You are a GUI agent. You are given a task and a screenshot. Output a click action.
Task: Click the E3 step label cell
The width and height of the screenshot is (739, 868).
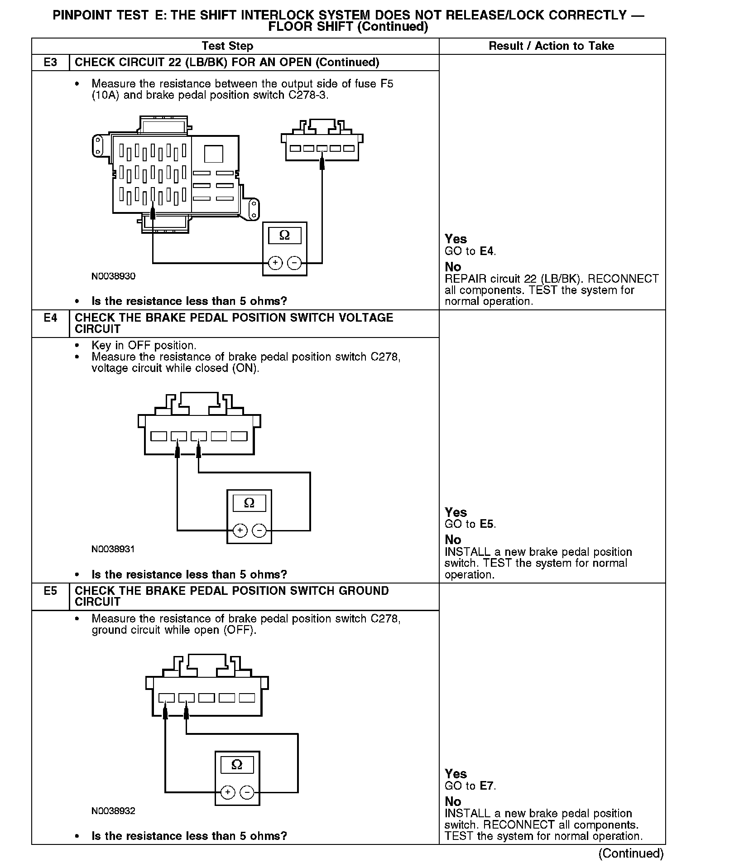click(x=50, y=63)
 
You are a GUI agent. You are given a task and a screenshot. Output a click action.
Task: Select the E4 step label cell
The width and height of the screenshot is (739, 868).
click(x=50, y=318)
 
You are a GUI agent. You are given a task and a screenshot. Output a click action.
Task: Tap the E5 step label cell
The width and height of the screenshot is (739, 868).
click(x=50, y=591)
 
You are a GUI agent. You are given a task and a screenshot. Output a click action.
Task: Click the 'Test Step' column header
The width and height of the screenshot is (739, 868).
click(x=227, y=46)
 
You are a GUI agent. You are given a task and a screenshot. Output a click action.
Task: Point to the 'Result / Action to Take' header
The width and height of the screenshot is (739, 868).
click(x=551, y=46)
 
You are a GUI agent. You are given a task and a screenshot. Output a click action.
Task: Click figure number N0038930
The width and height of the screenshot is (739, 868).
click(x=113, y=276)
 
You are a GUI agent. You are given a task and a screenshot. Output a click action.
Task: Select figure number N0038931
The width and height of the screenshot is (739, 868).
click(x=113, y=550)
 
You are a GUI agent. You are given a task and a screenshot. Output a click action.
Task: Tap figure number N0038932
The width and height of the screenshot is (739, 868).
click(x=113, y=811)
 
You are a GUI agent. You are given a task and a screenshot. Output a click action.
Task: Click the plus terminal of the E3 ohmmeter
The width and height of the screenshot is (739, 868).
click(x=275, y=263)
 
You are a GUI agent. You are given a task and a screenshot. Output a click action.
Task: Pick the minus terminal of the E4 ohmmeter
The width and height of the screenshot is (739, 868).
click(x=259, y=530)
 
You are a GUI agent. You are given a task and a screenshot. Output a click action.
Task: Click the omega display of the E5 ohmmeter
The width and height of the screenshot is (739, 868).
click(x=237, y=765)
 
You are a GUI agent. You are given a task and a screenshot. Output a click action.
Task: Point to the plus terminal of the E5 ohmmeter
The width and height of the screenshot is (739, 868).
click(x=228, y=792)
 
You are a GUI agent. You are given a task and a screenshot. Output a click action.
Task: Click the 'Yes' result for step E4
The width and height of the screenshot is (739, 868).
click(x=456, y=512)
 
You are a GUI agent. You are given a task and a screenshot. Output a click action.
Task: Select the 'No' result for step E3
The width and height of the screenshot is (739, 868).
click(x=453, y=267)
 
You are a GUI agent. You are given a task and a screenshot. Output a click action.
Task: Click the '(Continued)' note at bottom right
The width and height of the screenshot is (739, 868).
click(x=631, y=854)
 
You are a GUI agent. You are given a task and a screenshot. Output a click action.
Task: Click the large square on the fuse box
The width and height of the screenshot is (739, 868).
click(x=213, y=154)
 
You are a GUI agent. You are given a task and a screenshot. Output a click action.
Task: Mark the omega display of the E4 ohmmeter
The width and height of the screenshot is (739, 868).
click(x=249, y=503)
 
